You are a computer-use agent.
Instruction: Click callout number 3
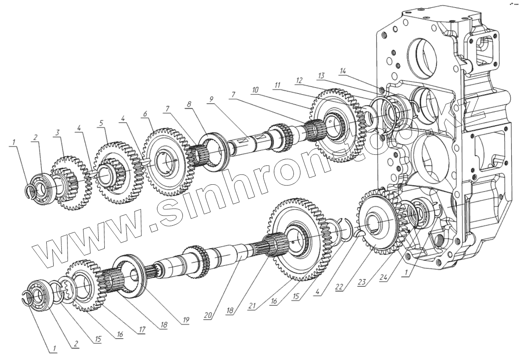58,132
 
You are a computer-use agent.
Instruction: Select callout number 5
101,122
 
